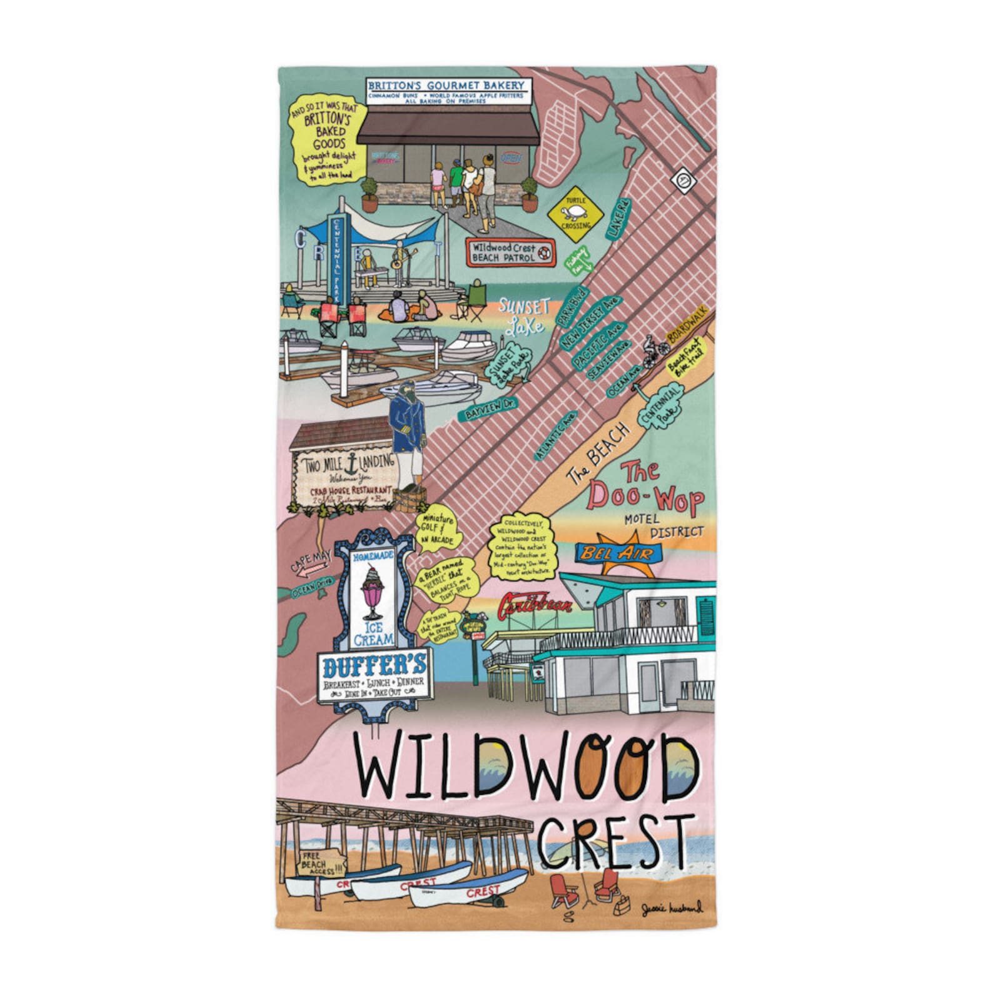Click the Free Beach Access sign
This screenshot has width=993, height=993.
(322, 864)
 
